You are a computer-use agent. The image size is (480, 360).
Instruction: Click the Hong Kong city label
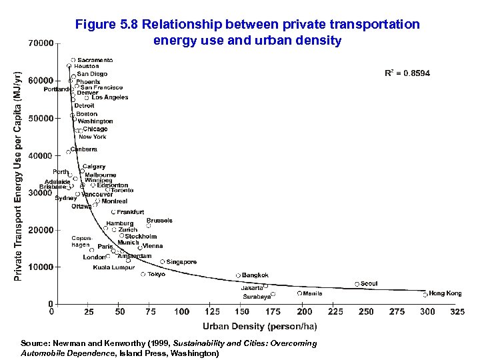click(445, 293)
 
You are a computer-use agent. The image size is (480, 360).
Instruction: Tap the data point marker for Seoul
click(357, 284)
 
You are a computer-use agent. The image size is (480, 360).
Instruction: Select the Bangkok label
click(255, 275)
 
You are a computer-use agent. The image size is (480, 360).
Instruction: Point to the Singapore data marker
click(163, 262)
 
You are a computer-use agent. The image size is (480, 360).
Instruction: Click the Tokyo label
click(157, 274)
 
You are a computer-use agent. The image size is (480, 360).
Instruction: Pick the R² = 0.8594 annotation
click(407, 73)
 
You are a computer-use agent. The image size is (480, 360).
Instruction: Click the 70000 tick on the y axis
click(41, 44)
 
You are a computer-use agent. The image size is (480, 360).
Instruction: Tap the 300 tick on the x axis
click(427, 311)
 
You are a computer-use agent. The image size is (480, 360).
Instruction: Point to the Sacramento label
click(95, 60)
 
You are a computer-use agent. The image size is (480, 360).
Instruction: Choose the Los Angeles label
click(110, 97)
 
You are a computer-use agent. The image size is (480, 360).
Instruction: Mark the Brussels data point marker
click(149, 226)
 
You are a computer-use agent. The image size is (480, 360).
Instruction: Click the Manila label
click(313, 293)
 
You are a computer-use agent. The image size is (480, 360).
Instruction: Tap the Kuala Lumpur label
click(114, 267)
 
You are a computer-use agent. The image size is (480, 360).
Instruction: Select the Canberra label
click(84, 149)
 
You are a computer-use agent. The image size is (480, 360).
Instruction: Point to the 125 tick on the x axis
click(212, 311)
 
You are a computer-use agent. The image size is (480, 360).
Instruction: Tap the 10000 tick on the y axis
click(41, 267)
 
